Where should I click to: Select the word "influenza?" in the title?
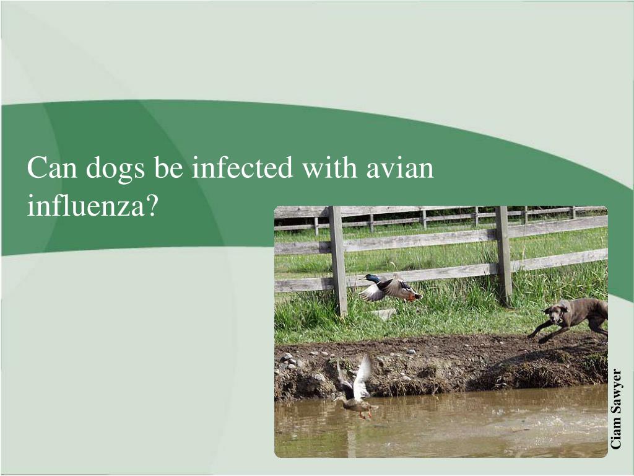point(90,205)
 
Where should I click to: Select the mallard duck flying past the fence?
point(390,288)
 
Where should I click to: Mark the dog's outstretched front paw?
point(532,335)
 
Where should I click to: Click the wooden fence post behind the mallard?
point(338,260)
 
